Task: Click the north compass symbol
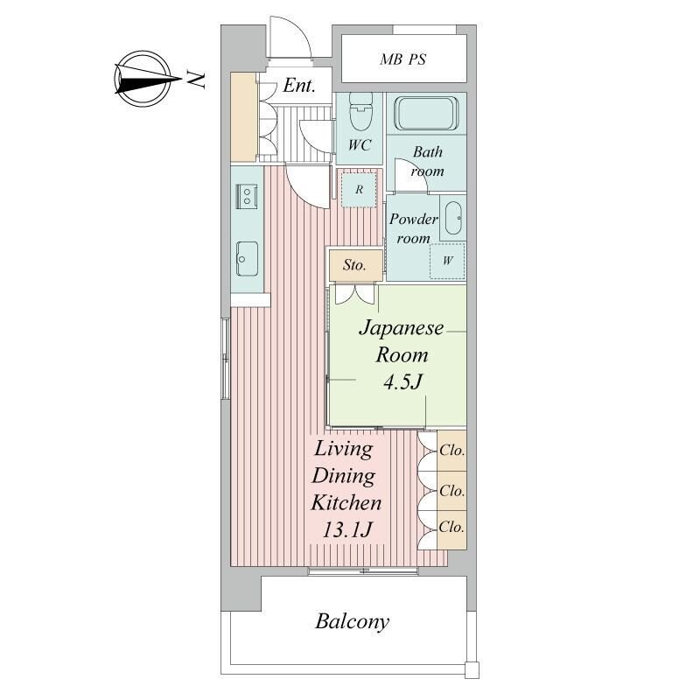(x=143, y=79)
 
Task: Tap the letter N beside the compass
(x=195, y=79)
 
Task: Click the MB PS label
(x=402, y=59)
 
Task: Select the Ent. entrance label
(x=299, y=85)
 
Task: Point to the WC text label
(x=360, y=145)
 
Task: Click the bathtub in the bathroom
(x=426, y=114)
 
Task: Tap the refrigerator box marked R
(x=359, y=190)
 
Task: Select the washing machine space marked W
(x=447, y=261)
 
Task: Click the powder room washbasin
(x=453, y=218)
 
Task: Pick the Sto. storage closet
(x=355, y=265)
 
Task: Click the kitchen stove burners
(x=247, y=195)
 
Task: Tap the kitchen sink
(x=247, y=258)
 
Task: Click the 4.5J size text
(x=402, y=382)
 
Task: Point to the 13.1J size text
(x=346, y=530)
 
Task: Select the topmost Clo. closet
(x=451, y=451)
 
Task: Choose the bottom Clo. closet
(x=451, y=530)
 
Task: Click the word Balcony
(x=353, y=621)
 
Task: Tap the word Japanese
(x=402, y=328)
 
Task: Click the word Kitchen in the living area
(x=346, y=502)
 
